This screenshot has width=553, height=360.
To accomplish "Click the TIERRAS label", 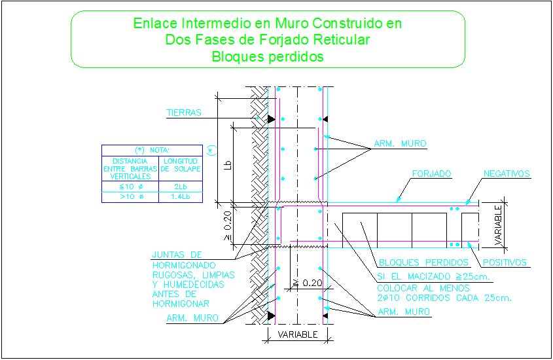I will point(183,113).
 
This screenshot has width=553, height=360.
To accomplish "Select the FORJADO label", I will point(432,175).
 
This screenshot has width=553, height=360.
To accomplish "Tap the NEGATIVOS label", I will point(507,174).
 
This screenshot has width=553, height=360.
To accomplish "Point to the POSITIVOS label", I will point(505,262).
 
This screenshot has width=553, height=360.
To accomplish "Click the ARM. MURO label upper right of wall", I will point(400,143).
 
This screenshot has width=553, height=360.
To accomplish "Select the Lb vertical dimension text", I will point(227,164).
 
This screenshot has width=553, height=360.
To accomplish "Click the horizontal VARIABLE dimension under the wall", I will point(298,334).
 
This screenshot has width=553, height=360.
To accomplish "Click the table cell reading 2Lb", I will point(181,187).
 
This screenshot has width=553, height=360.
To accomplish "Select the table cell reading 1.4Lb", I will point(181,196).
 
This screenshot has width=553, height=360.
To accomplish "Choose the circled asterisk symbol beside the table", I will point(210,150).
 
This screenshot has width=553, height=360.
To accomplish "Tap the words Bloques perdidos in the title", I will point(268,57).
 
